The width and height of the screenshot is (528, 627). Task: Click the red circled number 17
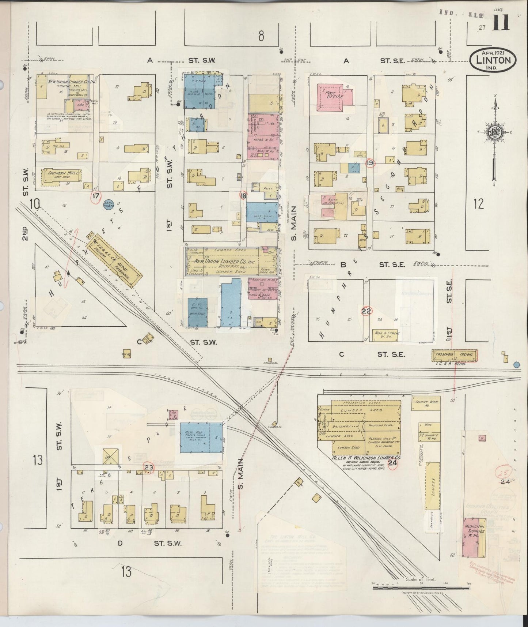point(96,196)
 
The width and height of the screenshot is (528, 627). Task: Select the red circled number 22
point(366,311)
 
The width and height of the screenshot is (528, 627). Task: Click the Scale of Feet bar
point(420,588)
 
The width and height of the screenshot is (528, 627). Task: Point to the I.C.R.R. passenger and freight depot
point(455,354)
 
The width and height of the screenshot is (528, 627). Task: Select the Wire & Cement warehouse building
point(386,335)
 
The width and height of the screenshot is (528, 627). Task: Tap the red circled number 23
point(149,467)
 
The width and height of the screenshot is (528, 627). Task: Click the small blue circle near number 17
point(107,206)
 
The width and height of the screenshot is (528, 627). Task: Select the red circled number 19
point(370,163)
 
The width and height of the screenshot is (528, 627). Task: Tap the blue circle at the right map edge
point(516,364)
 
